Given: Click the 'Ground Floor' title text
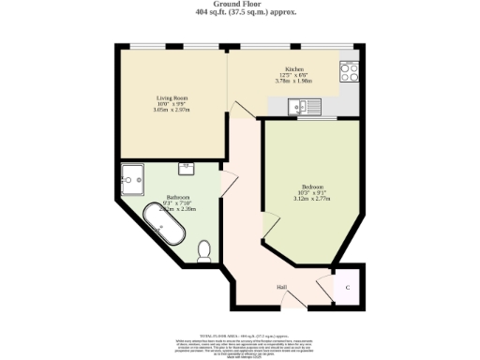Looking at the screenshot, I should pos(239,4).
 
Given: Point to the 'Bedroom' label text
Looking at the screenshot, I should pos(312,186).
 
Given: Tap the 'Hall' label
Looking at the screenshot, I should pos(280,287).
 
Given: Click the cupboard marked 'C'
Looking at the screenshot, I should pos(348,288).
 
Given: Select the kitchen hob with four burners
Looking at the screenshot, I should pos(349,69).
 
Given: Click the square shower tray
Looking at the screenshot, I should pos(135,176).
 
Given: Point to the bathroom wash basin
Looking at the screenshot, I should pos(187,170).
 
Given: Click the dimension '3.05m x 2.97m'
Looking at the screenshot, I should pos(172,109).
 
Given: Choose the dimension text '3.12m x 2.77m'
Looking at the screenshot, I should pos(312,199).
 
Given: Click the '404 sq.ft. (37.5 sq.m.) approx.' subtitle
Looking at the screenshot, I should pos(239,12).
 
